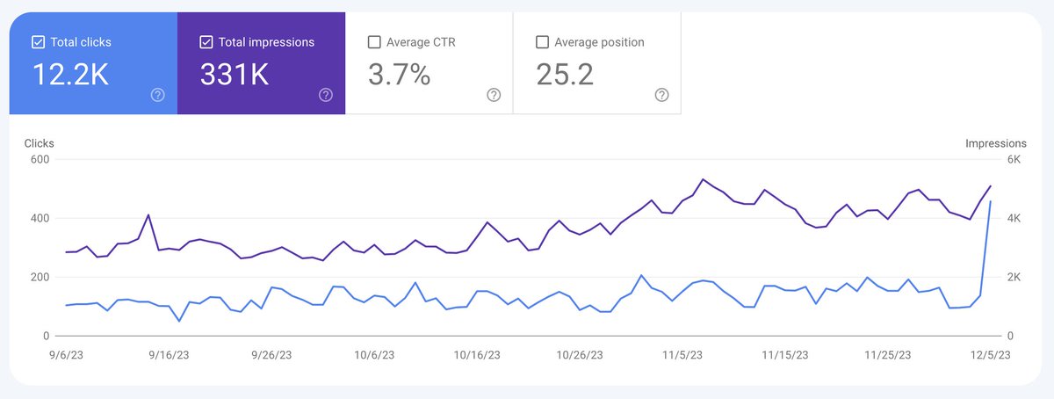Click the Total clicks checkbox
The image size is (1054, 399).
pyautogui.click(x=39, y=41)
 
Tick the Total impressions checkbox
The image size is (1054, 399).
pyautogui.click(x=206, y=41)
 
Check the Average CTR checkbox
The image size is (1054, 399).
pyautogui.click(x=374, y=41)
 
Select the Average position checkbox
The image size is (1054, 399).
pyautogui.click(x=542, y=41)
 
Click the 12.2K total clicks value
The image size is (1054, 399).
pyautogui.click(x=70, y=76)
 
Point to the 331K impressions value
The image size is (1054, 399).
pyautogui.click(x=234, y=76)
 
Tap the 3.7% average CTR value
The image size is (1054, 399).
pyautogui.click(x=399, y=76)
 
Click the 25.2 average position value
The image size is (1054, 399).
pyautogui.click(x=565, y=76)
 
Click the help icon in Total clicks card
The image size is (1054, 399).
pyautogui.click(x=157, y=95)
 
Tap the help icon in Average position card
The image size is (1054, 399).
pyautogui.click(x=661, y=95)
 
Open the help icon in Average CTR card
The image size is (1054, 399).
pyautogui.click(x=494, y=95)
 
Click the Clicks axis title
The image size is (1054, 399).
pyautogui.click(x=39, y=143)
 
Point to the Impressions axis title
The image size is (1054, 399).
pyautogui.click(x=995, y=143)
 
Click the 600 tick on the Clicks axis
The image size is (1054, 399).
pyautogui.click(x=38, y=159)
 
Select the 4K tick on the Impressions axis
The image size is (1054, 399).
pyautogui.click(x=1013, y=218)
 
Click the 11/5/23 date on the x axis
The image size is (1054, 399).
pyautogui.click(x=682, y=355)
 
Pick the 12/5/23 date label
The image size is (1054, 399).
pyautogui.click(x=990, y=355)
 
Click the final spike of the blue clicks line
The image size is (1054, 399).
pyautogui.click(x=991, y=201)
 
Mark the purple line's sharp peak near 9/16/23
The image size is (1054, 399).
pyautogui.click(x=148, y=214)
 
